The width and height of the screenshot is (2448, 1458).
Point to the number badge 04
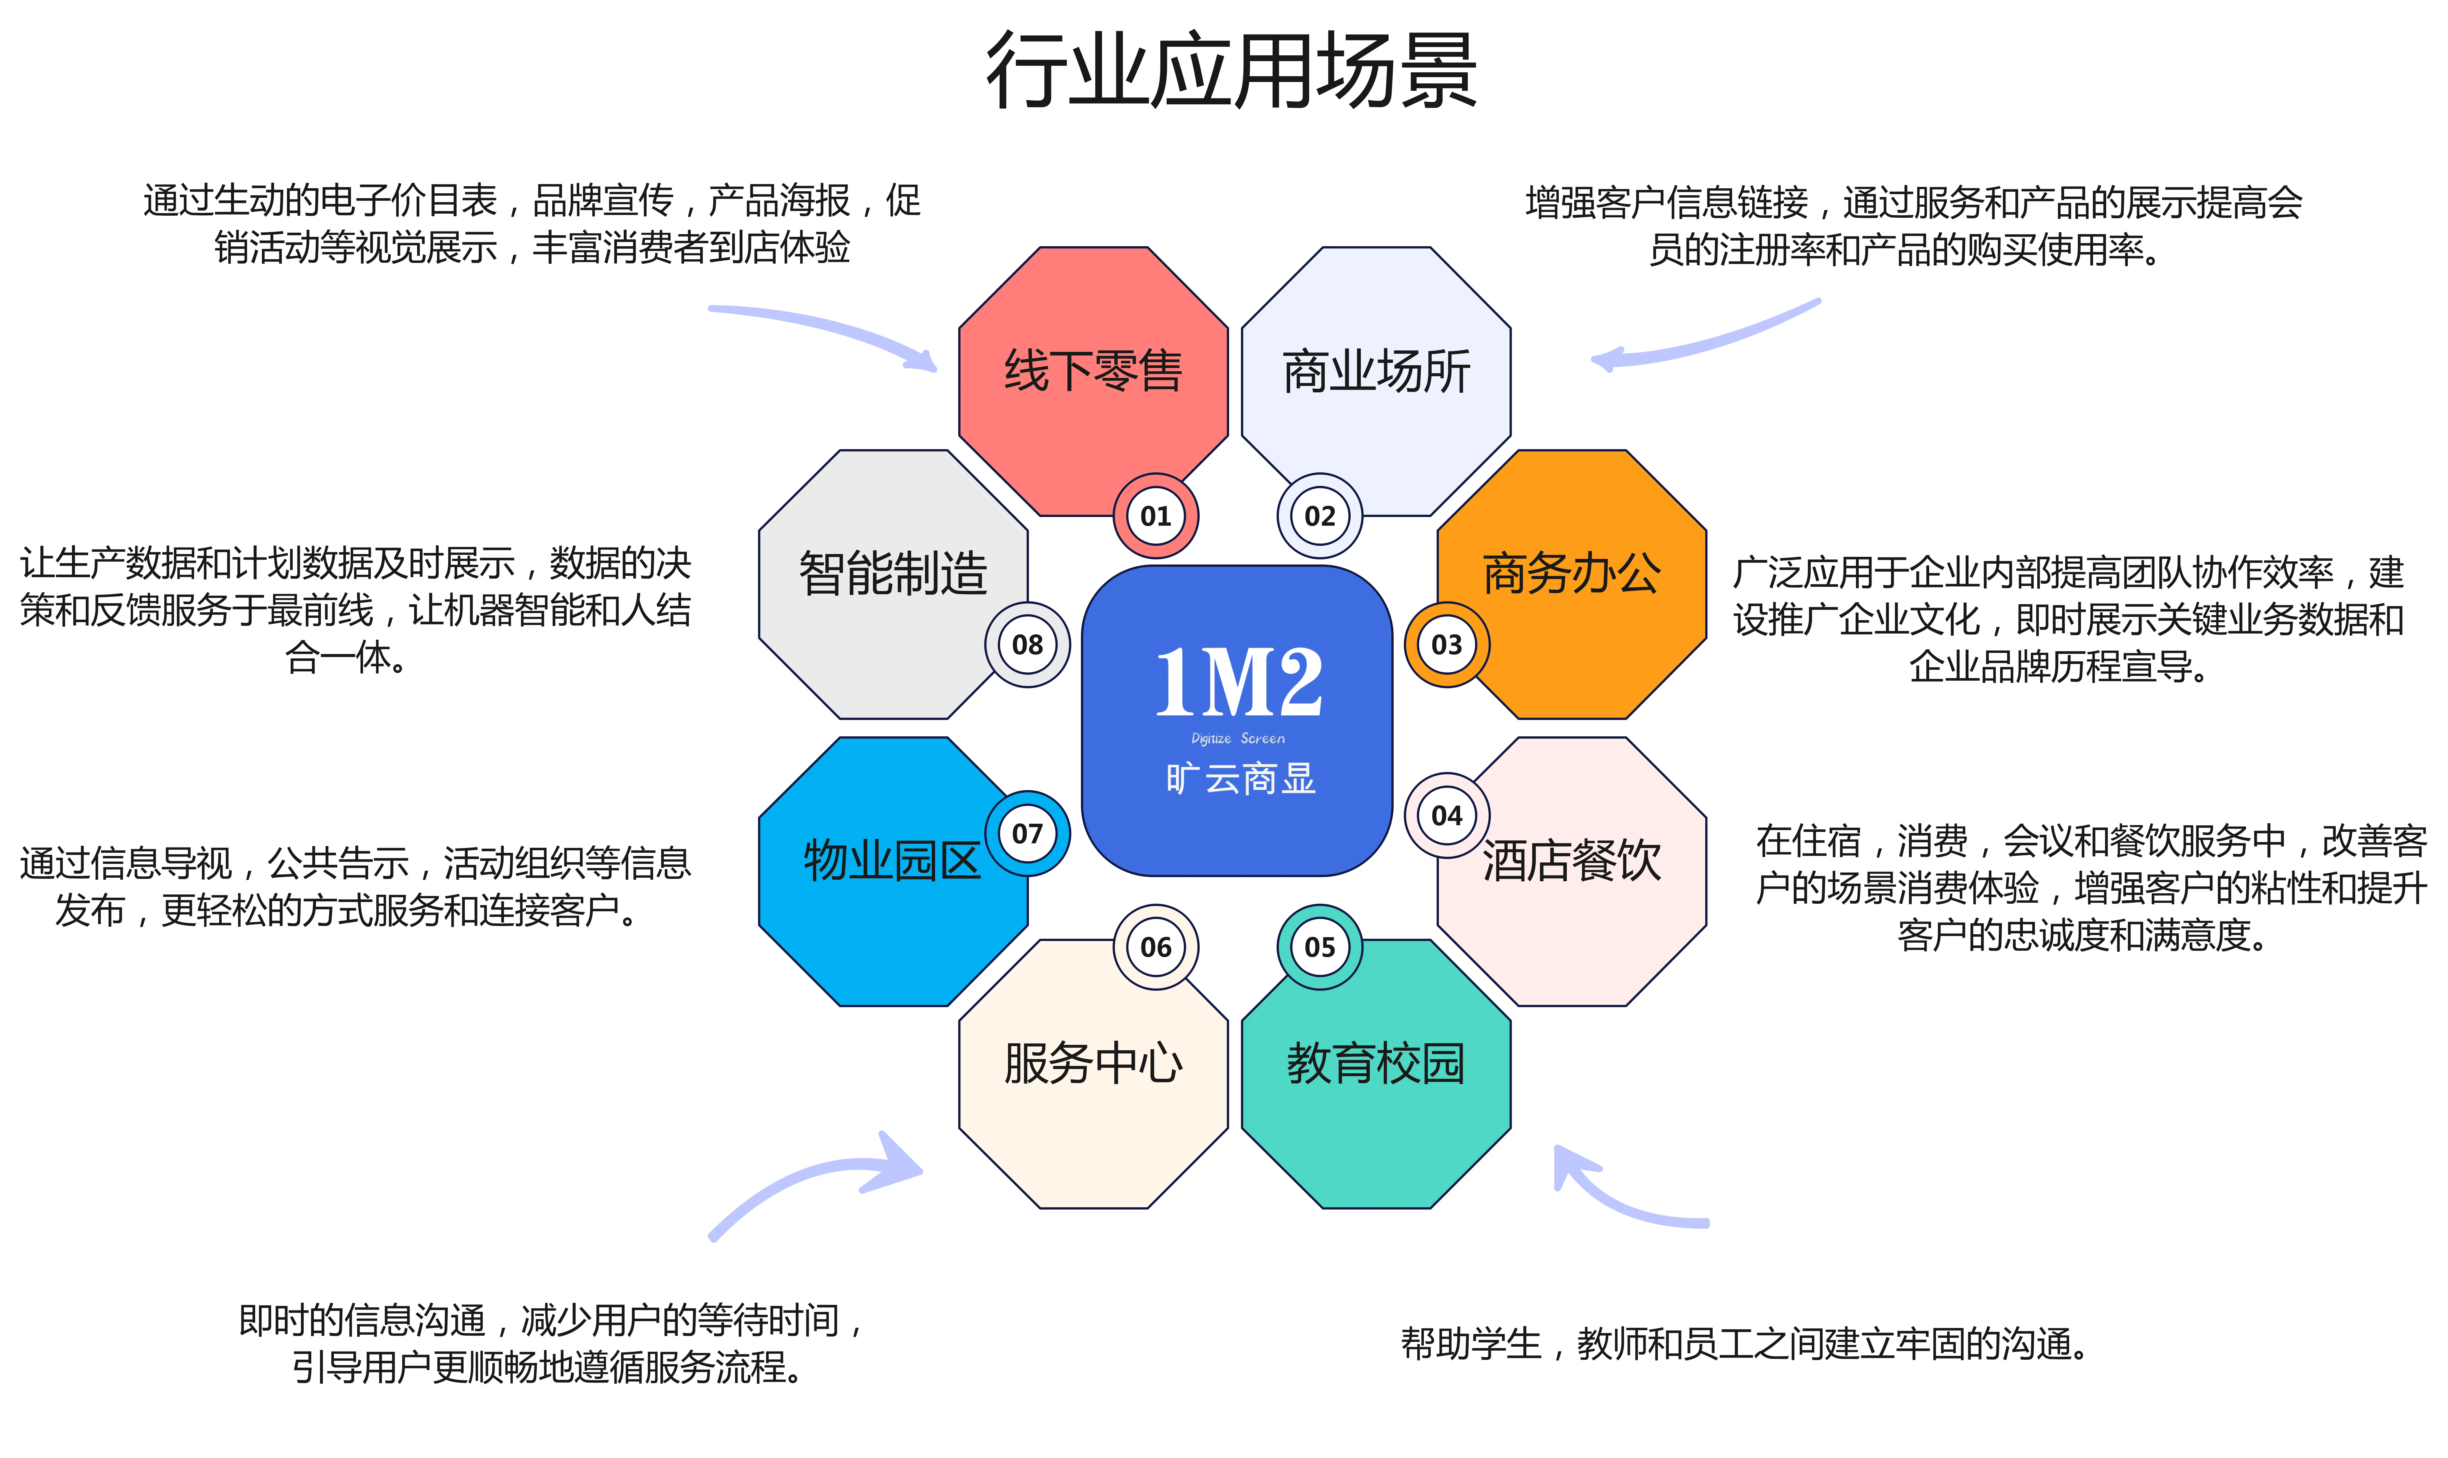click(1447, 815)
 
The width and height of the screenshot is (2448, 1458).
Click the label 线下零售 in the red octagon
click(1093, 371)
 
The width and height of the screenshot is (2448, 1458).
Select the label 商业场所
click(1376, 371)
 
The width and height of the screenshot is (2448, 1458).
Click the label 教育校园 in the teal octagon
click(1376, 1063)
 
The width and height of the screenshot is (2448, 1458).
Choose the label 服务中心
click(1093, 1063)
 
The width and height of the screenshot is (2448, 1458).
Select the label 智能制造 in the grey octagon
click(892, 574)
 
